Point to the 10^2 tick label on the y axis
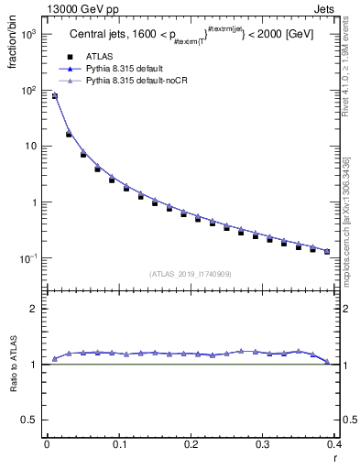[x=27, y=91]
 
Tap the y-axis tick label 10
[x=30, y=147]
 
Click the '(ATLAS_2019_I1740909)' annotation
[x=190, y=273]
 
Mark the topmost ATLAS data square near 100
[x=54, y=96]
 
